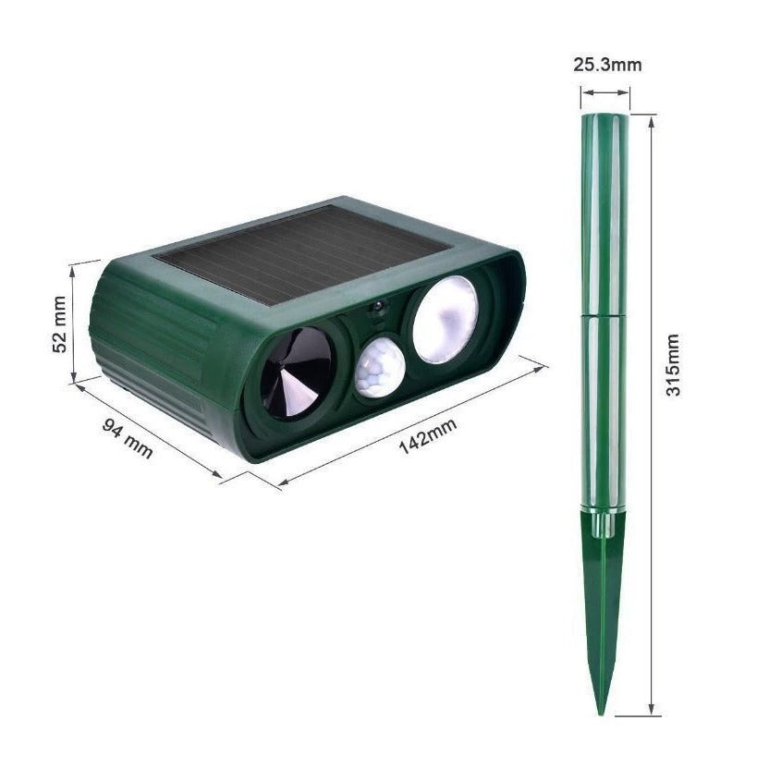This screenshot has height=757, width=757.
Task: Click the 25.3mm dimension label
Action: tap(606, 65)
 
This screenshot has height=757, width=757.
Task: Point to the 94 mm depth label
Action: tap(127, 439)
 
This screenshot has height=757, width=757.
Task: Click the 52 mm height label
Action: tap(59, 324)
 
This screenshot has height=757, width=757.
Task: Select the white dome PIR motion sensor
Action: tap(380, 368)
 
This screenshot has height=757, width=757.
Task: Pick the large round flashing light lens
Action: tap(445, 319)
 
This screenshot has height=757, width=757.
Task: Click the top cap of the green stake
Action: tap(604, 118)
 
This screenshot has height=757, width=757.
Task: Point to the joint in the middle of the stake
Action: tap(604, 314)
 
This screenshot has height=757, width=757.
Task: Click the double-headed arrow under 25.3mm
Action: tap(605, 92)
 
